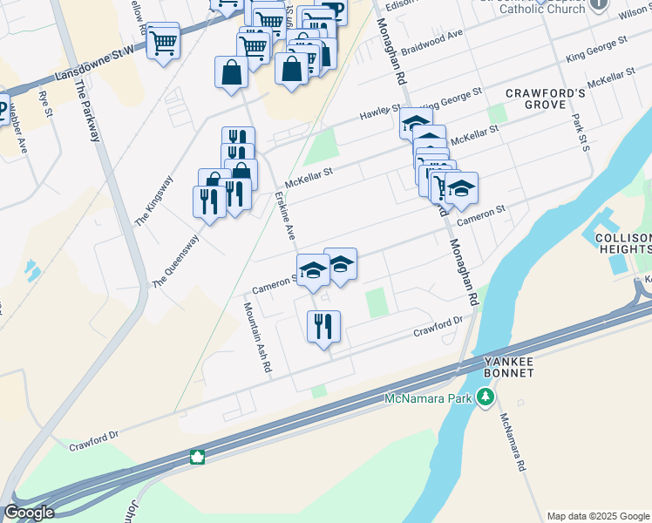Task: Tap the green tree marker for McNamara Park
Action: (486, 398)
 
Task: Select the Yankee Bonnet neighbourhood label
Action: (511, 367)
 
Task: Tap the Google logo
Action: (29, 513)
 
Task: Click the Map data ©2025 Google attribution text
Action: (598, 516)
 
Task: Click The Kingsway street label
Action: (154, 200)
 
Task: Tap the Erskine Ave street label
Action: (286, 216)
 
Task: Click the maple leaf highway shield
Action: (198, 457)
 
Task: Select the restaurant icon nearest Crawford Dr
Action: (323, 327)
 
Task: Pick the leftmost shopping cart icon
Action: (163, 41)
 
